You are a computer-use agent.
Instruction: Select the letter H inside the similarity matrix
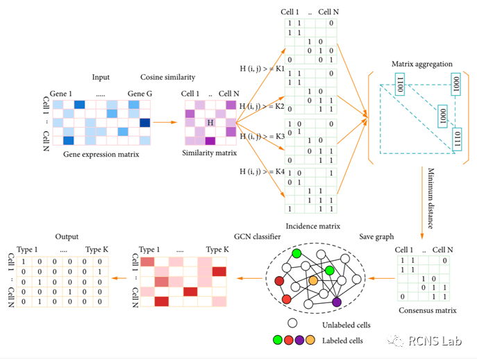tap(210, 123)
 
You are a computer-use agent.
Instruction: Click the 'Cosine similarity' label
tap(167, 76)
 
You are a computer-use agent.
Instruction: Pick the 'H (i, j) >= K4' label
tap(260, 171)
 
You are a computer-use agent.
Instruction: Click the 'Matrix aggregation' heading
tap(422, 65)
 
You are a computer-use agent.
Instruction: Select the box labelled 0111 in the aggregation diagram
tap(455, 136)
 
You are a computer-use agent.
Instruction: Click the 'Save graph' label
tap(376, 237)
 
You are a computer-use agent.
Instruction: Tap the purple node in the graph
tap(337, 302)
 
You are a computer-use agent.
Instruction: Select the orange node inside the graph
tap(313, 280)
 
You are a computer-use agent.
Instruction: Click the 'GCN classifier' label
tap(258, 237)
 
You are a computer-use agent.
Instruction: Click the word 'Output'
tap(67, 237)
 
